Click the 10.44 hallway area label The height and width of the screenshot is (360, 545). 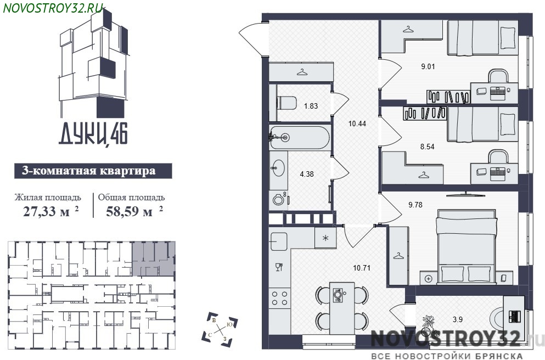[357, 123]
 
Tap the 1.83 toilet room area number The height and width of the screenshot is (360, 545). [311, 106]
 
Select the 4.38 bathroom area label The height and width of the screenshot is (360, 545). [307, 174]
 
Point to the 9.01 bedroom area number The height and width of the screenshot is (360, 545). [428, 66]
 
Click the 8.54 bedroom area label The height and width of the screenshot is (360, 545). [427, 147]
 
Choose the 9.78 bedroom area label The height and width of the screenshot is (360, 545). [415, 205]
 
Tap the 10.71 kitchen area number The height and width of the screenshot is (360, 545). [362, 268]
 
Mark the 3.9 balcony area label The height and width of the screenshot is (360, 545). [458, 319]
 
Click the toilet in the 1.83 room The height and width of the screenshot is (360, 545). [286, 103]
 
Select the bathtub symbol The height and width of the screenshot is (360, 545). [300, 138]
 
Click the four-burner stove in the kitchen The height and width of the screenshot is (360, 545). [280, 299]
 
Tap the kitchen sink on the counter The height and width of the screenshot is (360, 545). [278, 241]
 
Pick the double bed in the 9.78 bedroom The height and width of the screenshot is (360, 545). [467, 246]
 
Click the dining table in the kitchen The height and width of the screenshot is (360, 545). [342, 308]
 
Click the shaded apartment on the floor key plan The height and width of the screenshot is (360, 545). [153, 259]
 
